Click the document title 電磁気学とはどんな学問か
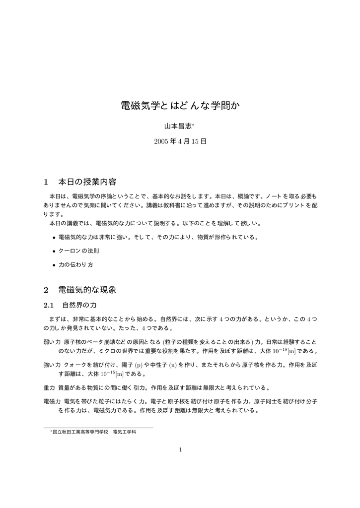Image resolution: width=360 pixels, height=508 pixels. click(180, 106)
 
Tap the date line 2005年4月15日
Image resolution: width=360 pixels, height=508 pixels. click(180, 141)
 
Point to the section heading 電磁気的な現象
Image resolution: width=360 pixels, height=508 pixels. click(87, 289)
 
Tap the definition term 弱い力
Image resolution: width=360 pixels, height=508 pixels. click(52, 342)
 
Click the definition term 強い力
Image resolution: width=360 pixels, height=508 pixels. click(52, 365)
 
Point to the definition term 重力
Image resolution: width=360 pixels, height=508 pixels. click(49, 387)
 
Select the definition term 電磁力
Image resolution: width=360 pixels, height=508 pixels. click(52, 400)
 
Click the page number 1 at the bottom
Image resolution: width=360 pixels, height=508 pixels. click(180, 450)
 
